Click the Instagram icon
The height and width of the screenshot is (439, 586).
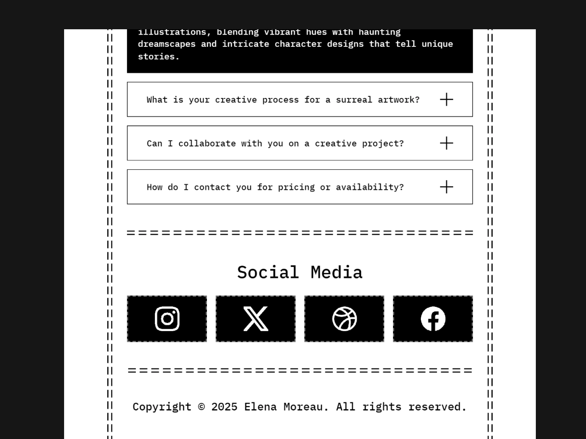[x=167, y=319]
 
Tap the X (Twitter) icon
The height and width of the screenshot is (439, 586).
[x=256, y=319]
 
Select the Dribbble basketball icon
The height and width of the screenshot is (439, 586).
[x=344, y=319]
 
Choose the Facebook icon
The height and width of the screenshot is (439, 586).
[x=433, y=319]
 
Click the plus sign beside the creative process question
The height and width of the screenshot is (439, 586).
[x=446, y=100]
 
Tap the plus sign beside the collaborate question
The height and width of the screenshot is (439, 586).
[x=446, y=143]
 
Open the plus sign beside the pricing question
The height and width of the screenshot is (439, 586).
[x=446, y=187]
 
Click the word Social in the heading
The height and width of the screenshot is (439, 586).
[x=268, y=273]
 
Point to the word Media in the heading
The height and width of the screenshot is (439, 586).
[x=337, y=273]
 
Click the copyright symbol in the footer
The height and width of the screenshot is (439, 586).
[x=201, y=407]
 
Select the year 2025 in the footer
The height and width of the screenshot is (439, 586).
[x=224, y=407]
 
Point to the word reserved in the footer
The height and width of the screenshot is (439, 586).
[x=437, y=407]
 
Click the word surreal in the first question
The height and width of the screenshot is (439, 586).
[x=354, y=100]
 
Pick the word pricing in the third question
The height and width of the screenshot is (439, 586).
[x=296, y=187]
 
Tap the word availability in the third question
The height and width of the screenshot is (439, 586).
[x=370, y=187]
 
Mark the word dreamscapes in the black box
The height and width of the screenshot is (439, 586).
[x=167, y=44]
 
